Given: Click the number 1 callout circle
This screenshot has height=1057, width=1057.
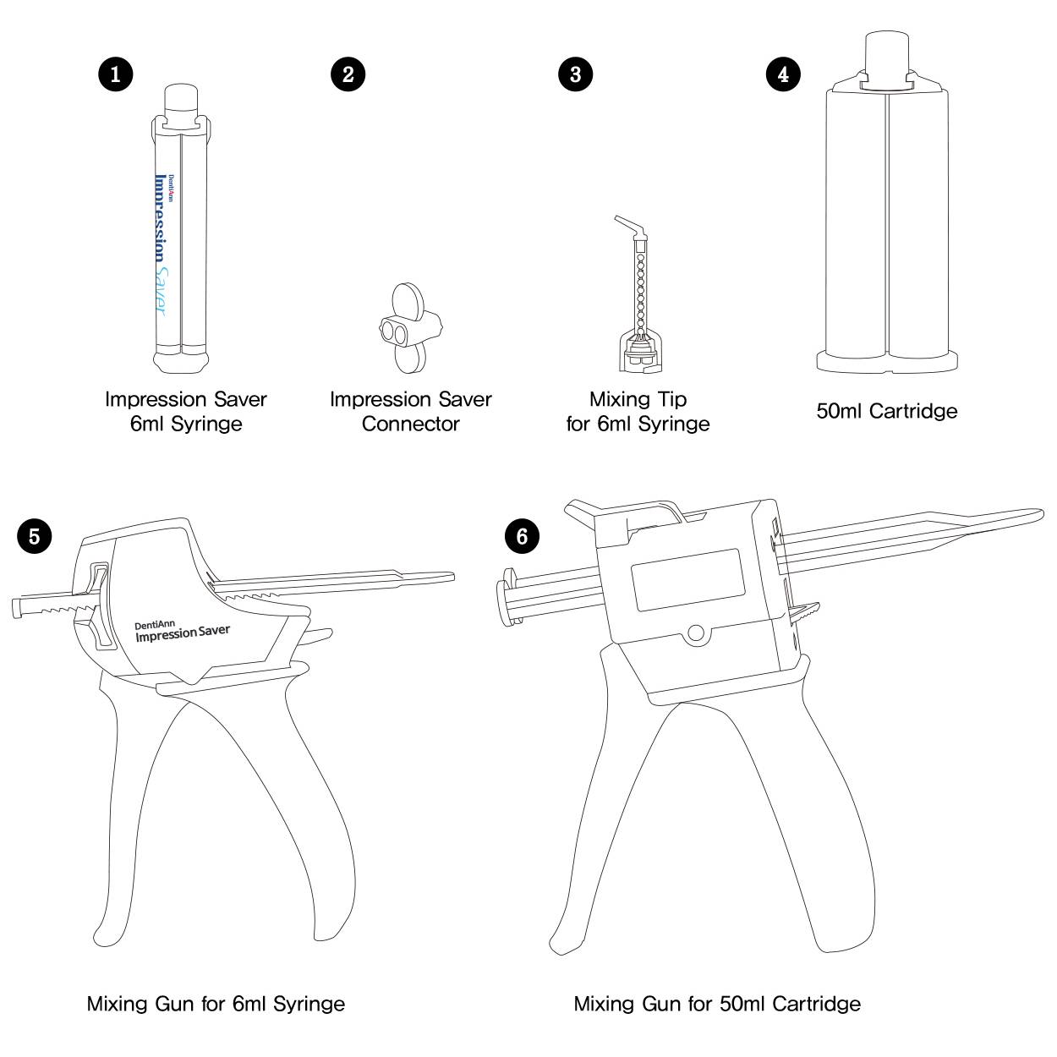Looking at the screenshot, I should click(x=115, y=74).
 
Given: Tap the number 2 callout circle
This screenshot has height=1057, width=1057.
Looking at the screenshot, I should click(x=348, y=74).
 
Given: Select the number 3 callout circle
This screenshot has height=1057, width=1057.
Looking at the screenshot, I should click(x=576, y=74).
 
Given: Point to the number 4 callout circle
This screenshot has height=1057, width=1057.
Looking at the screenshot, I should click(x=783, y=74).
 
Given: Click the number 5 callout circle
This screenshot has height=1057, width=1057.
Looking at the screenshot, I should click(x=35, y=535).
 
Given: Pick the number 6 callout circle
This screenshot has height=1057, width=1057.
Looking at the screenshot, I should click(x=522, y=535).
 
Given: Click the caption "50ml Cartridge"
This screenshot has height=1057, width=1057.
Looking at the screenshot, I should click(x=886, y=412).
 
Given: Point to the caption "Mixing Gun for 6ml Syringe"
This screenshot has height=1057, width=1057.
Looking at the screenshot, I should click(x=216, y=1004).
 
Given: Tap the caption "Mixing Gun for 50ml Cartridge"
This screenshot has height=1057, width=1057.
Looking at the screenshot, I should click(x=717, y=1004).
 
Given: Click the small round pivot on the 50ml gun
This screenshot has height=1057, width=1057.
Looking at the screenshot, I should click(x=696, y=633).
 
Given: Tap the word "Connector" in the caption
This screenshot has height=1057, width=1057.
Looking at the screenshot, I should click(x=410, y=424).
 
